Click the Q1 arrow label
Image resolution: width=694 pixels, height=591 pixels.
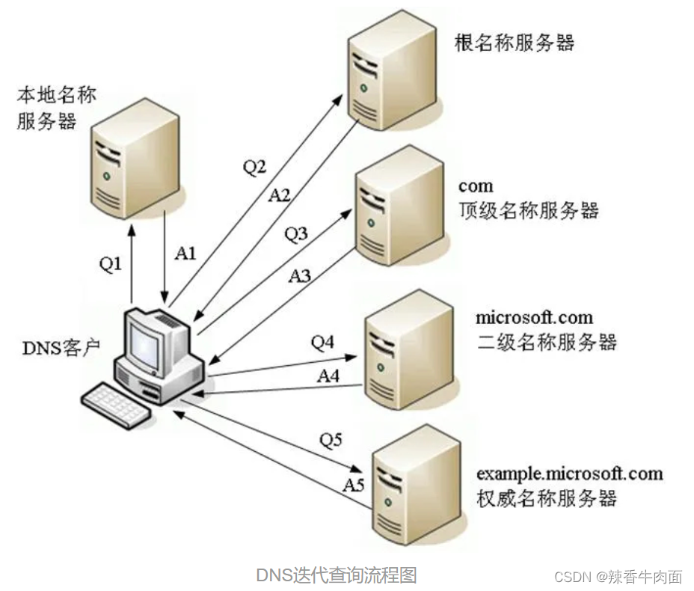(x=111, y=265)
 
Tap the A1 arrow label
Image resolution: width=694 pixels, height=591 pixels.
(x=185, y=254)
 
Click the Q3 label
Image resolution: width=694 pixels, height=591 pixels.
(x=296, y=234)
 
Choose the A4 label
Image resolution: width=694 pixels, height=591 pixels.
(x=328, y=376)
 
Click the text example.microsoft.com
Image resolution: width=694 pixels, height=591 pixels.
(x=569, y=474)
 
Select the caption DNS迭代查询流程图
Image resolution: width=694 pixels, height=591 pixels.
(x=336, y=575)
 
